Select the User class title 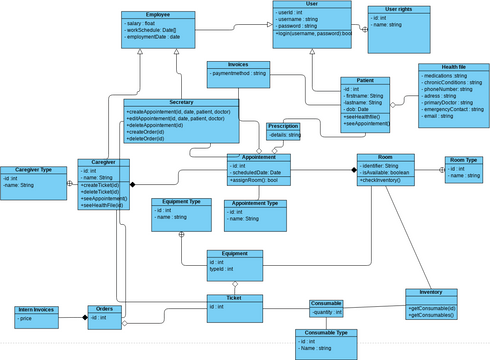(311, 5)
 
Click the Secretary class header (181, 103)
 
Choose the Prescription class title (283, 126)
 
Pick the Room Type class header (462, 160)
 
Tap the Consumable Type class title (326, 332)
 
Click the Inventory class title (431, 292)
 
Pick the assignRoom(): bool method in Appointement (255, 181)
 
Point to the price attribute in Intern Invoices (26, 319)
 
